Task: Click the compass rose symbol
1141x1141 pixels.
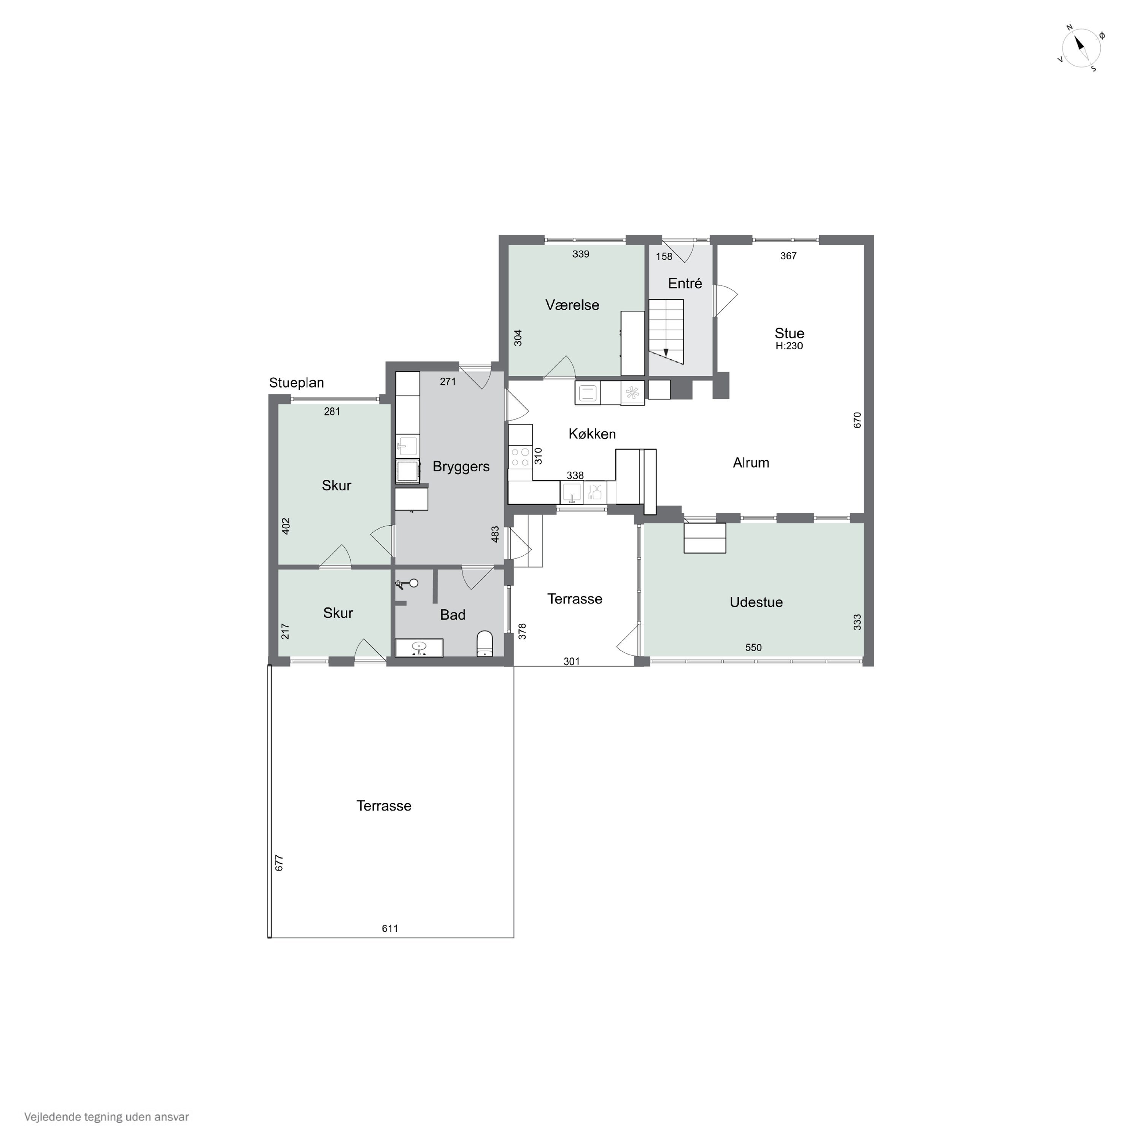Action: pos(1081,48)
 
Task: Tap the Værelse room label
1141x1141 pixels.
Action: pos(572,305)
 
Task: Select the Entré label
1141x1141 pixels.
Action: pos(685,283)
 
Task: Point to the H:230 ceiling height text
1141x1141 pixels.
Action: pos(789,346)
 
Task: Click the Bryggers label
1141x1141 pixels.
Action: pos(461,467)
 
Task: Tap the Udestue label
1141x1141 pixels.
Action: pos(756,602)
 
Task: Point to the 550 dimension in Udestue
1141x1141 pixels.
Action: pos(753,648)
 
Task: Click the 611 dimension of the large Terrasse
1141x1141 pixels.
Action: pos(390,928)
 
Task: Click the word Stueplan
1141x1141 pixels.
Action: pos(297,383)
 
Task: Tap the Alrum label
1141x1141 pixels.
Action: pos(751,463)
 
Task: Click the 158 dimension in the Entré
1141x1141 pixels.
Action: pos(664,257)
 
